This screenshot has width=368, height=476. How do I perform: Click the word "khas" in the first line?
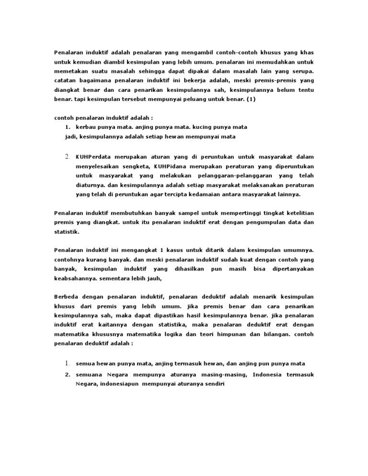[308, 51]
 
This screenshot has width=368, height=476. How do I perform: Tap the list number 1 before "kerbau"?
[68, 126]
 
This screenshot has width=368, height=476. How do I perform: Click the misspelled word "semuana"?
[89, 374]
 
